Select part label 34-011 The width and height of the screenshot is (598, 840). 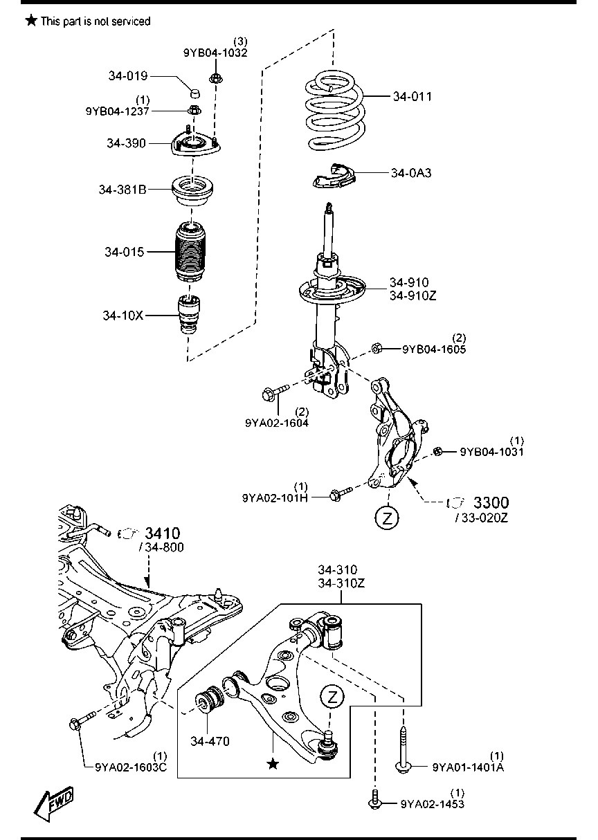(x=412, y=97)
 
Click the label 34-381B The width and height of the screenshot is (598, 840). (x=122, y=188)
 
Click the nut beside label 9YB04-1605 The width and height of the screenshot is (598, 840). (x=377, y=348)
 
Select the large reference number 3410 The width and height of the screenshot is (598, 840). (x=163, y=533)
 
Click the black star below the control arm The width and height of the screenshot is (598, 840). (x=273, y=764)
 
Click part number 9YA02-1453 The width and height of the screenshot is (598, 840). (x=432, y=804)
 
